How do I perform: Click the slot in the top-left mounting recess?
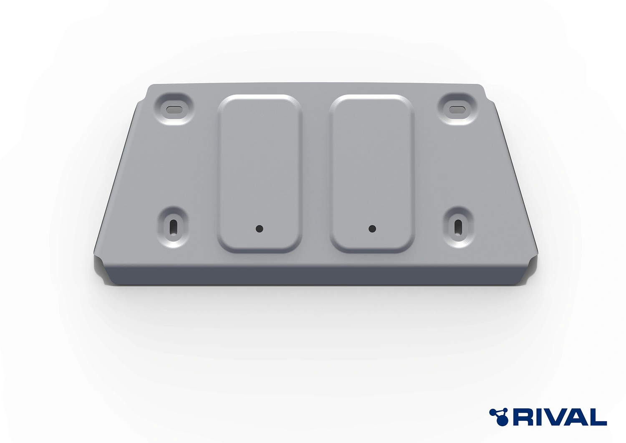coord(174,109)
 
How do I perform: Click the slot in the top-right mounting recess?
coord(457,109)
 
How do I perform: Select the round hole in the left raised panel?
coord(259,229)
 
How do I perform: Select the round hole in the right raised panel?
coord(372,229)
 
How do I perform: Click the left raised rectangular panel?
coord(260,173)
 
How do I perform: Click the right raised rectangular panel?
coord(372,173)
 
